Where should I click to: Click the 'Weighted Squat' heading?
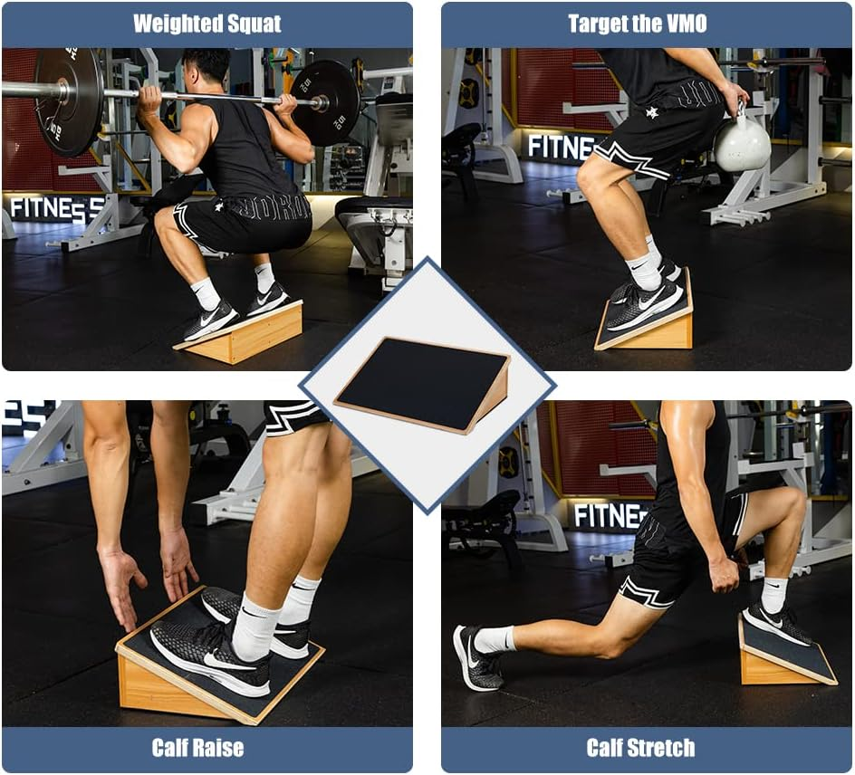(207, 24)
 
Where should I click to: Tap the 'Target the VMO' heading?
(638, 24)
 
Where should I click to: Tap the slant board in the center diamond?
(422, 383)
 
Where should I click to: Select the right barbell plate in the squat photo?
(327, 102)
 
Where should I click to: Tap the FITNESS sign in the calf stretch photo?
(609, 516)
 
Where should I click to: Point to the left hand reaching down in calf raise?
(122, 576)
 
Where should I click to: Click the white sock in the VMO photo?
(645, 269)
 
